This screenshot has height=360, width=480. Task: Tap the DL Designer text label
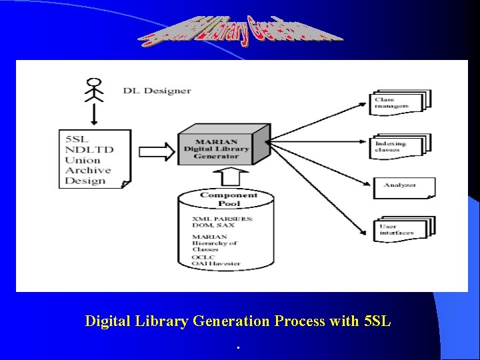157,91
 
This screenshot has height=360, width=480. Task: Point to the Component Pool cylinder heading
229,198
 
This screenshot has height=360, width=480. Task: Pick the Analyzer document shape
404,186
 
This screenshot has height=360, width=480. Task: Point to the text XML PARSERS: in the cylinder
222,218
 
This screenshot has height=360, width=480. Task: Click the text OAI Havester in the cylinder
216,264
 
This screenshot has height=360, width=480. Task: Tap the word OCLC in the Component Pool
203,257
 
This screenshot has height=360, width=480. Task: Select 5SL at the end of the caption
377,321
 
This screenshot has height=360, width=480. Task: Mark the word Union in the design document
83,160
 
